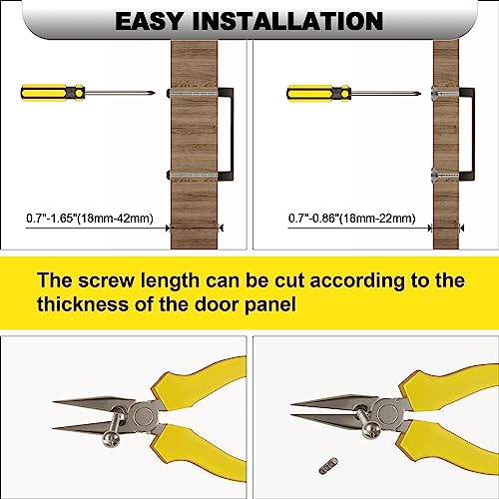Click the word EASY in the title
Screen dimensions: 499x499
pos(149,21)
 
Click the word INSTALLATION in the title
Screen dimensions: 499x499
pos(287,21)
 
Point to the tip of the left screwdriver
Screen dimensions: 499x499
pos(155,93)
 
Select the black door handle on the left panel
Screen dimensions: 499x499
pos(226,134)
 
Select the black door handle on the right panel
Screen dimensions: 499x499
pos(467,134)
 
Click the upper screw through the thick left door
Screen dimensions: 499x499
pos(193,93)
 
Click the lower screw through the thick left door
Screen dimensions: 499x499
pos(193,176)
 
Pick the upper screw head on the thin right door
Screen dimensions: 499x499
pos(436,92)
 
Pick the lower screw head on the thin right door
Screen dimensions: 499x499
pos(436,174)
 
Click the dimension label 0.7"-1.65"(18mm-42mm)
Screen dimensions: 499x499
pos(90,219)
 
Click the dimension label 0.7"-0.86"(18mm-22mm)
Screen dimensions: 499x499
pos(352,219)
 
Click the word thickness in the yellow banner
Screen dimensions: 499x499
pos(82,304)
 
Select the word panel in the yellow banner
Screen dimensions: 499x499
pos(270,305)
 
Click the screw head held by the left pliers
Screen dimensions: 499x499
pos(112,439)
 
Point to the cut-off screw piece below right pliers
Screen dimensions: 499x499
pos(328,465)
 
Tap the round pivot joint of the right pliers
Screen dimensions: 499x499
pos(387,411)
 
